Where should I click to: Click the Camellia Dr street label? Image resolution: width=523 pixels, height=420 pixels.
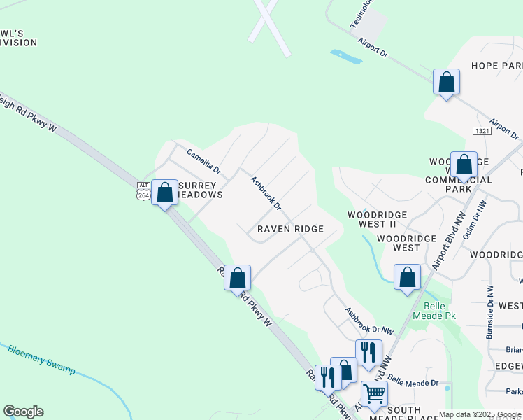pyautogui.click(x=203, y=160)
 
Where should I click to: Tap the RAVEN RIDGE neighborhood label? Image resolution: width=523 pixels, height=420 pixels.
pyautogui.click(x=290, y=229)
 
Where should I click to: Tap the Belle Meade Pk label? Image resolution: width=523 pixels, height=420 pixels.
pyautogui.click(x=440, y=311)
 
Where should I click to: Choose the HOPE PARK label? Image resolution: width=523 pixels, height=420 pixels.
pyautogui.click(x=496, y=66)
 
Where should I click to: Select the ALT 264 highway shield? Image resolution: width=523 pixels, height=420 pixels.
pyautogui.click(x=143, y=190)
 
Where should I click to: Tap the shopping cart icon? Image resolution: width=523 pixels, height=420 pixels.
pyautogui.click(x=374, y=395)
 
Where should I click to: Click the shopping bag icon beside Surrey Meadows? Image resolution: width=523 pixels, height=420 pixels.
pyautogui.click(x=165, y=193)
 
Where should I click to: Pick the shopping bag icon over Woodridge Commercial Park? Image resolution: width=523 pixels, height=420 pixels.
pyautogui.click(x=464, y=166)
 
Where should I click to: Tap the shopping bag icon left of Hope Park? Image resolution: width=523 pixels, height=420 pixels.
pyautogui.click(x=446, y=83)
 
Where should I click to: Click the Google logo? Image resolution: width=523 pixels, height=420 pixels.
pyautogui.click(x=23, y=412)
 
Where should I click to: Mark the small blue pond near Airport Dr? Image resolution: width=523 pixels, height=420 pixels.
pyautogui.click(x=346, y=57)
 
